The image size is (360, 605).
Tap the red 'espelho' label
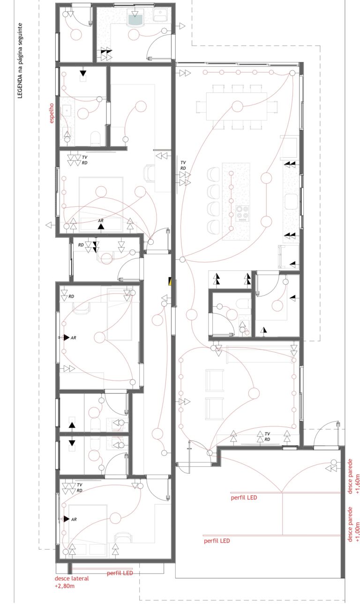(51, 113)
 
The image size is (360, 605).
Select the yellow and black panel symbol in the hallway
(170, 281)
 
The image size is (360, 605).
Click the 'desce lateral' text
(72, 578)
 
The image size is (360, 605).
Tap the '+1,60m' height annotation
(358, 484)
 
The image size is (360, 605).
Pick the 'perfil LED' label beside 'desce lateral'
(120, 573)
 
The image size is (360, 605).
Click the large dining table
(237, 106)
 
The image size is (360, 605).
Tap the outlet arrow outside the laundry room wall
(182, 26)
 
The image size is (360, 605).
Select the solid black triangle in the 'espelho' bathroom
(83, 73)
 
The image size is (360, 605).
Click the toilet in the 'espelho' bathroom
(95, 138)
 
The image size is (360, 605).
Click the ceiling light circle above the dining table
(238, 106)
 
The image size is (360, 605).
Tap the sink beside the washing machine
(161, 15)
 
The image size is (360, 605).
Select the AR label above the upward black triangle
(101, 221)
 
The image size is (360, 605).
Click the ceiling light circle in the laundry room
(133, 35)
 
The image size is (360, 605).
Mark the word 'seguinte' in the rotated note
(20, 33)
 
